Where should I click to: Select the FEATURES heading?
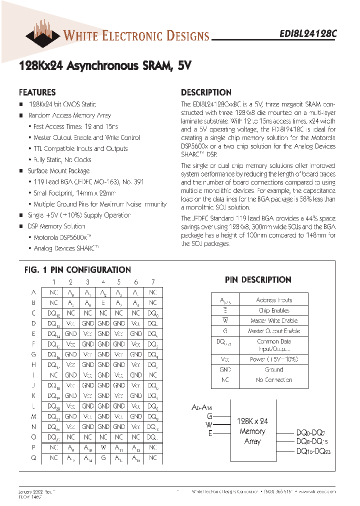(x=37, y=92)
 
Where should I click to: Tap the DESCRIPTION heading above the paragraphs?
(x=206, y=92)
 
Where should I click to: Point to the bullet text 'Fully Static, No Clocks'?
(x=62, y=160)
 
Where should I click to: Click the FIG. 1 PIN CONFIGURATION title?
(x=77, y=270)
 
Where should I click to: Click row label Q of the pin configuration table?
(x=33, y=457)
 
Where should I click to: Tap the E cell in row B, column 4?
(x=103, y=303)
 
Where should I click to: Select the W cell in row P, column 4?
(x=103, y=447)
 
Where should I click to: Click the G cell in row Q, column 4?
(x=103, y=457)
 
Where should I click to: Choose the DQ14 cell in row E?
(x=54, y=334)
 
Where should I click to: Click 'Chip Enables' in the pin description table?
(x=273, y=310)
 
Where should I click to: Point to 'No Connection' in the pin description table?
(x=273, y=380)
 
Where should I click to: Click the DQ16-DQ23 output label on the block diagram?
(x=313, y=451)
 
